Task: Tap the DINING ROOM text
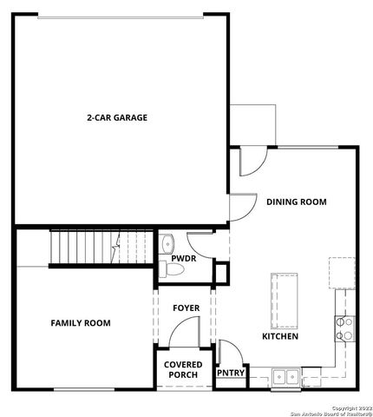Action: point(296,202)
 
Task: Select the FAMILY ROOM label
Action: point(81,322)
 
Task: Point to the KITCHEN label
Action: point(280,335)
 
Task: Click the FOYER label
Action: point(186,308)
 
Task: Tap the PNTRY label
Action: point(231,374)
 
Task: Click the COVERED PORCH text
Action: point(181,368)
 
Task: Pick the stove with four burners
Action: point(344,328)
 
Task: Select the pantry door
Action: point(229,352)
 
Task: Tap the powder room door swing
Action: point(200,243)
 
